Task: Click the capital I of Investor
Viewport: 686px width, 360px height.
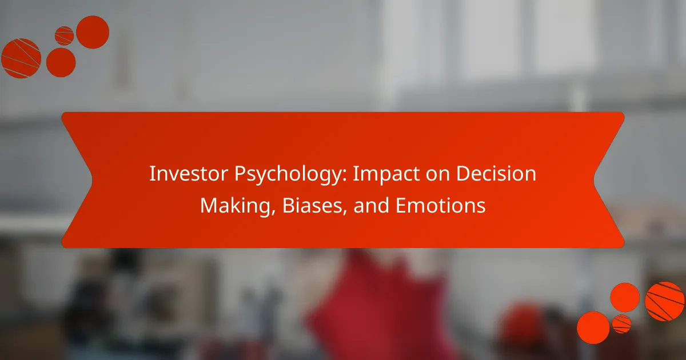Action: [151, 175]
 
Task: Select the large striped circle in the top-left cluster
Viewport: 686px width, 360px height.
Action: [21, 58]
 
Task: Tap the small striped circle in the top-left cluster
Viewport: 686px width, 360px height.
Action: [64, 35]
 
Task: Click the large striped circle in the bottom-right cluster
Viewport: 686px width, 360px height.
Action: [665, 301]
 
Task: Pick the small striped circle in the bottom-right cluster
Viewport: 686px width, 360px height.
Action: [621, 323]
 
